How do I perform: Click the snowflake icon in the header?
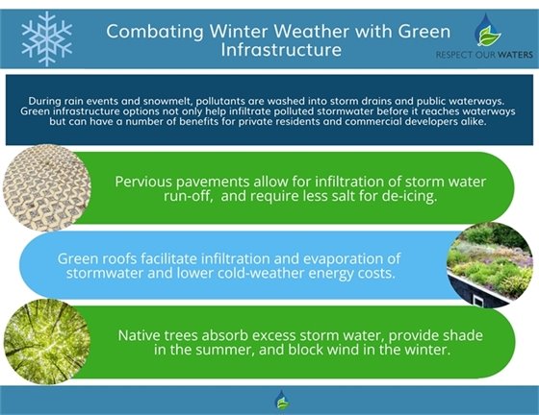tap(47, 38)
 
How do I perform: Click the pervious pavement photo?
tap(41, 186)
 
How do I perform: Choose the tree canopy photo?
tap(41, 341)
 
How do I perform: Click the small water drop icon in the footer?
tap(281, 400)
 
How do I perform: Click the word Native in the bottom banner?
tap(141, 334)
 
